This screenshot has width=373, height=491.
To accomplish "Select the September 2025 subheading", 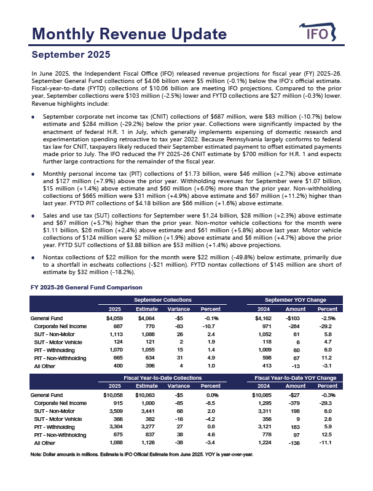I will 71,55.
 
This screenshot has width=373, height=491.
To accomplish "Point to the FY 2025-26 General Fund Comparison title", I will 86,288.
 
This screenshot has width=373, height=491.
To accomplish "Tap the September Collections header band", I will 163,299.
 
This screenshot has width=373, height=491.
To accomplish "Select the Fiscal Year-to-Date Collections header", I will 163,377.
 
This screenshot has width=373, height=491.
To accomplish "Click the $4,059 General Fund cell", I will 114,318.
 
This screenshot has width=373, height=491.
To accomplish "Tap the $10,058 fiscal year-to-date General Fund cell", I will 112,395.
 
